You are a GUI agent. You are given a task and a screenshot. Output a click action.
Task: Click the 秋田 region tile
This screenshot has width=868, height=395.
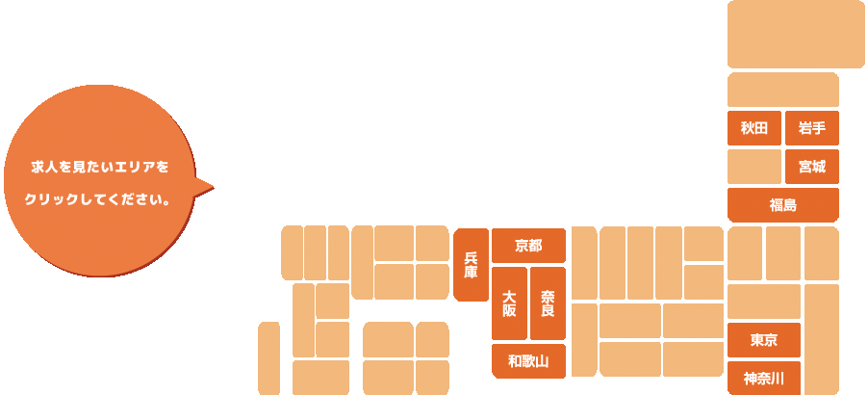[753, 128]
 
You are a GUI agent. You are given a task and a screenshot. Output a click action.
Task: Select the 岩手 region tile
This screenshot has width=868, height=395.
[811, 128]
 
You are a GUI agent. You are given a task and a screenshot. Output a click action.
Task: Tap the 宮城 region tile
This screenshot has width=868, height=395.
[811, 167]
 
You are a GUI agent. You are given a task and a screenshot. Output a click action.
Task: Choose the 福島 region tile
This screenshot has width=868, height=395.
[782, 205]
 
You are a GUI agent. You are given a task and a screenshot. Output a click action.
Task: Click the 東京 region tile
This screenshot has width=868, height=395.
[763, 340]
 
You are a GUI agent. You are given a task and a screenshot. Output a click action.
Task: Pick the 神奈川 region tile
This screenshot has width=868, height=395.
[763, 379]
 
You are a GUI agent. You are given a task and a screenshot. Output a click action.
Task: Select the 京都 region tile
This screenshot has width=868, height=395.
[527, 246]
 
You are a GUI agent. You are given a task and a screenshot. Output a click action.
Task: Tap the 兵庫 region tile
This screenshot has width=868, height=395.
[471, 265]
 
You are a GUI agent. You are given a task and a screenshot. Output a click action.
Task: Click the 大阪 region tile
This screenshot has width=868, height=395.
[509, 303]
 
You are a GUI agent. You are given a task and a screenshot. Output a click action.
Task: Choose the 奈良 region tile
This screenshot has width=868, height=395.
[547, 303]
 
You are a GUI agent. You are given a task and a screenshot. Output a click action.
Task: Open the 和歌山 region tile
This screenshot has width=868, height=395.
[527, 361]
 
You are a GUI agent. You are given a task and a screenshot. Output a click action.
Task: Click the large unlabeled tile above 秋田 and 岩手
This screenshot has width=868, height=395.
[795, 34]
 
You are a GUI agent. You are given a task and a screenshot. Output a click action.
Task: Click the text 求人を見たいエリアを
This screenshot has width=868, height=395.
[100, 167]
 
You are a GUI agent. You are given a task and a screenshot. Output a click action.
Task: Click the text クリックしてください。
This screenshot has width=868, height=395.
[98, 202]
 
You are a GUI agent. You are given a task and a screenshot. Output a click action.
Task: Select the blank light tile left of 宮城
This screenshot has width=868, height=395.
[753, 167]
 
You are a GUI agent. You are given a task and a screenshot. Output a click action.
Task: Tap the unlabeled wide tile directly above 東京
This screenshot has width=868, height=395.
[763, 302]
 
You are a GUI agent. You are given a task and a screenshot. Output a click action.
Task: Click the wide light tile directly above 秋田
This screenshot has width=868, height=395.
[782, 90]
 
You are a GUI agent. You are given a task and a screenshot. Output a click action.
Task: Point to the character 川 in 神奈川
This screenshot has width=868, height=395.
[779, 379]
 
